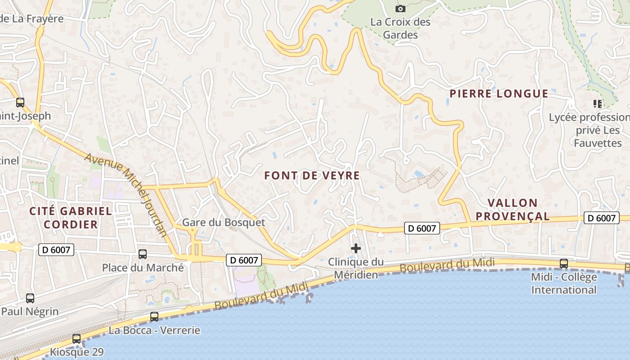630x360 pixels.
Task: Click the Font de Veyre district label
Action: pos(312,175)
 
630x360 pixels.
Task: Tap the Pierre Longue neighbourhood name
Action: pos(499,94)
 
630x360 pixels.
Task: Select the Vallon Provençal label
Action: pos(513,210)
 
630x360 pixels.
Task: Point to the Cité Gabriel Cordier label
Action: pos(71,217)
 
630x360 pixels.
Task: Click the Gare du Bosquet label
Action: pos(223,222)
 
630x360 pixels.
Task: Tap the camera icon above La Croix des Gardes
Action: pos(400,9)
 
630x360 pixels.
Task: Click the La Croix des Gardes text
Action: pos(400,28)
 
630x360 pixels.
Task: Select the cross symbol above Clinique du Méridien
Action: pos(356,248)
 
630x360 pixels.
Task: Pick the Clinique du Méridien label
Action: pos(355,268)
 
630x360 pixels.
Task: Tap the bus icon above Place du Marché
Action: pos(143,254)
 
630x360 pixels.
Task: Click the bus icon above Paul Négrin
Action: pos(30,298)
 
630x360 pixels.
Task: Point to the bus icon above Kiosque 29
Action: pos(76,338)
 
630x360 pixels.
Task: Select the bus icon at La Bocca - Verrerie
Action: pos(154,317)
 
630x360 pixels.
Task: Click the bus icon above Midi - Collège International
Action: pos(563,264)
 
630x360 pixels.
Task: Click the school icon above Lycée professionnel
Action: pos(597,104)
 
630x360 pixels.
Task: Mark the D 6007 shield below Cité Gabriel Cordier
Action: pos(56,249)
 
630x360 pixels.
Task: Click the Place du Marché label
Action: pos(143,268)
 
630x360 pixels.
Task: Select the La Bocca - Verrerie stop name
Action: pos(154,330)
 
